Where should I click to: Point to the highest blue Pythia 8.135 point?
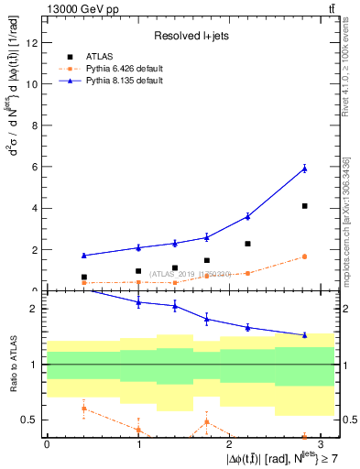coord(304,168)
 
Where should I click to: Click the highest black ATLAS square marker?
coord(304,206)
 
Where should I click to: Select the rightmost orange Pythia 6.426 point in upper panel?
coord(304,256)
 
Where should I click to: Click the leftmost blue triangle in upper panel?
coord(83,256)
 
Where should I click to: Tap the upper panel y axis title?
coord(16,147)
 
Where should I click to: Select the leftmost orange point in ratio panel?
coord(83,409)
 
